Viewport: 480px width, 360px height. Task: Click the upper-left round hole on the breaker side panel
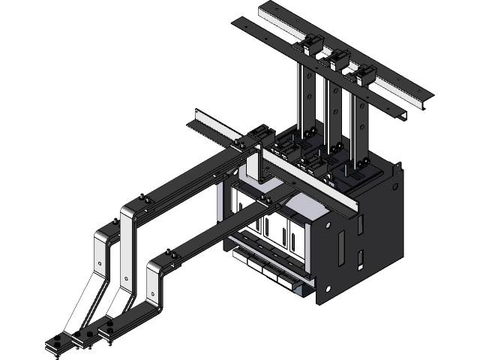(328, 223)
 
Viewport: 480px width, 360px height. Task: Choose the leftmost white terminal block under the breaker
(241, 258)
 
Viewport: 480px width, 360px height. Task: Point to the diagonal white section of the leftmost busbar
(85, 300)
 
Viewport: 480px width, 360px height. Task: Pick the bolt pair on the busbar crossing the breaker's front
(266, 199)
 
